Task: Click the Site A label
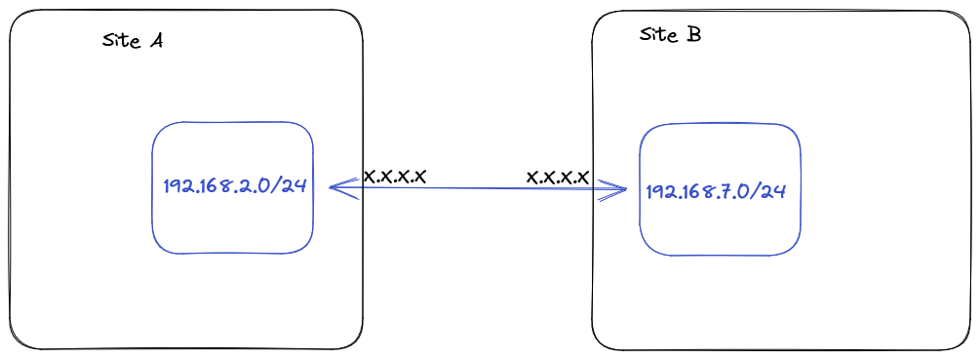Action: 132,41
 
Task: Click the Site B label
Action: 670,35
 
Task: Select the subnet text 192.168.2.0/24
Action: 235,186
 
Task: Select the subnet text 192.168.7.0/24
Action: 716,191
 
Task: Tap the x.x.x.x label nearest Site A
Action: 395,177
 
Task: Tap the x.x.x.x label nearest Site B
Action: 558,177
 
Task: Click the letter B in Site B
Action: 693,35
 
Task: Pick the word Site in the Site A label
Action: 119,41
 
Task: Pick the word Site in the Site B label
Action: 657,35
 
